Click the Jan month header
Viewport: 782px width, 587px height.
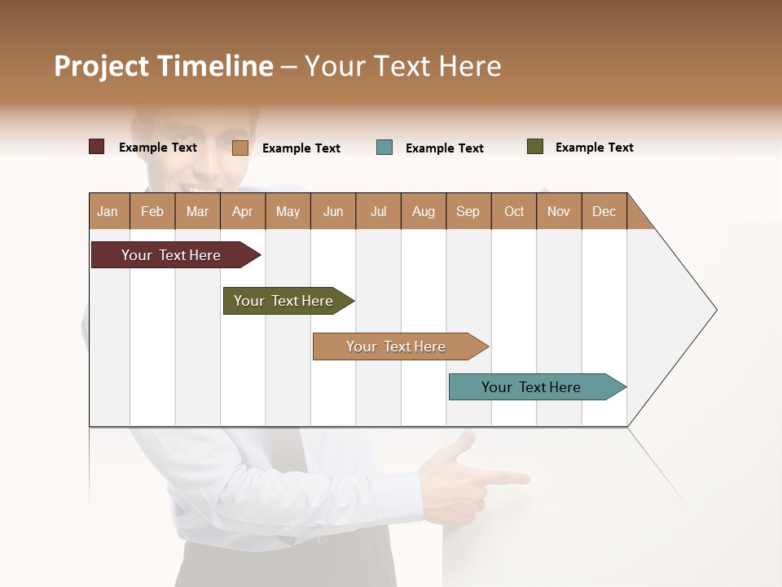[108, 211]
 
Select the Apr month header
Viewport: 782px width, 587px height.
[243, 211]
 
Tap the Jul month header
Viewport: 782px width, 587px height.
[379, 211]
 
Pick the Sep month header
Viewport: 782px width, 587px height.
[468, 211]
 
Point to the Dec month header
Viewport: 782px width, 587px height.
[604, 211]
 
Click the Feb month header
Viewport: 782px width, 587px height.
[152, 211]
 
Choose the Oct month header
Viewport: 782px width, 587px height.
[514, 211]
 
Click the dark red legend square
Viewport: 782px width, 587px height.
[96, 147]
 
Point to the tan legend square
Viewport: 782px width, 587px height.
[239, 148]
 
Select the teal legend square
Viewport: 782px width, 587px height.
[384, 148]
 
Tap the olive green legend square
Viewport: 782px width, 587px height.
[535, 147]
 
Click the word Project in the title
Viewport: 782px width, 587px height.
[102, 66]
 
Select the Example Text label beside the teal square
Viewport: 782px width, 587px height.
[445, 148]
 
